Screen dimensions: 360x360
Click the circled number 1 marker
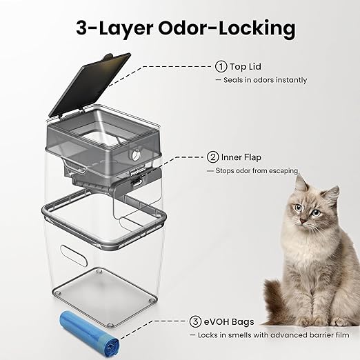click(221, 67)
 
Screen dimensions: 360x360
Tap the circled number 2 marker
click(213, 157)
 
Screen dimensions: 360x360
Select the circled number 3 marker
click(196, 321)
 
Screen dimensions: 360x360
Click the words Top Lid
click(246, 67)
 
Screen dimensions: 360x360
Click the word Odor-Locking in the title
click(226, 28)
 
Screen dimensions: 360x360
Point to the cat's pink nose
click(303, 221)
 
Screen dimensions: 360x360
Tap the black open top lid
click(90, 85)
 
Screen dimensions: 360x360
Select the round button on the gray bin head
click(135, 154)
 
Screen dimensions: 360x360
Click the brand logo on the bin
click(138, 174)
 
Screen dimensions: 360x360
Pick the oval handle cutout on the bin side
click(74, 255)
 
